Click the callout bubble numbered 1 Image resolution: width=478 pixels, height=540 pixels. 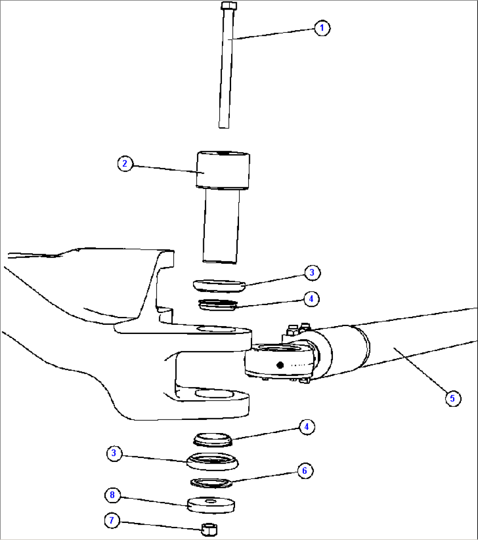[x=322, y=28]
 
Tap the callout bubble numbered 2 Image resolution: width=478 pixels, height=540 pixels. [x=125, y=164]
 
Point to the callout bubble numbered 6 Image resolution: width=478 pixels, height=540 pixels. [x=305, y=471]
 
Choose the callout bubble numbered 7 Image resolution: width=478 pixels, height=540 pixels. [x=112, y=520]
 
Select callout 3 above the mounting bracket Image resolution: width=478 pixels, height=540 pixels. [x=312, y=273]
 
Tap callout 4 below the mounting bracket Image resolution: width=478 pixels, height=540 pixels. [x=307, y=426]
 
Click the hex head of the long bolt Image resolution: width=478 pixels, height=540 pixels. [x=229, y=6]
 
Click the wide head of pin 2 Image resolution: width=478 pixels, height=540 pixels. [x=223, y=170]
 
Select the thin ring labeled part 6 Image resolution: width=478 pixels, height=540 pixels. [x=211, y=482]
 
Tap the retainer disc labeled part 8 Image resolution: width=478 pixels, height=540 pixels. [x=210, y=504]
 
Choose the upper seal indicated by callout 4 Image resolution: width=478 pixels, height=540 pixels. [x=218, y=304]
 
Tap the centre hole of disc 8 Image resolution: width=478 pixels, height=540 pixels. [x=211, y=500]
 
